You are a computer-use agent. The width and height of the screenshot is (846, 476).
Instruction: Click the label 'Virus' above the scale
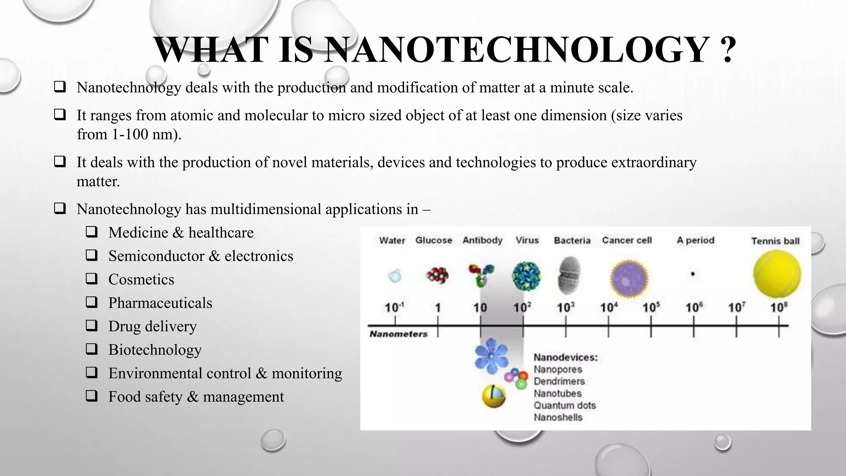click(x=527, y=240)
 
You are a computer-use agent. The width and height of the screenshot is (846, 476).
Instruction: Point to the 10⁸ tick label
click(x=779, y=307)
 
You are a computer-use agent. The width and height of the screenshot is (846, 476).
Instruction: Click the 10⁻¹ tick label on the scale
click(x=394, y=308)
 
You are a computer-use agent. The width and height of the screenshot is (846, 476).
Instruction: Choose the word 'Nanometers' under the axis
click(x=398, y=334)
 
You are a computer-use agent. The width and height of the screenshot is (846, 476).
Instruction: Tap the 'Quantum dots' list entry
click(x=564, y=405)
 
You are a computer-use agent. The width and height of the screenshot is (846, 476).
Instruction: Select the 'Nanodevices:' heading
click(x=565, y=357)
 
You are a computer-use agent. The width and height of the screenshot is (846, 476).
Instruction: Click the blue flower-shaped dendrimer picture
click(x=492, y=356)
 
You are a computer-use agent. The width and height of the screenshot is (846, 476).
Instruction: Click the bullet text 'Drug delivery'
click(x=152, y=326)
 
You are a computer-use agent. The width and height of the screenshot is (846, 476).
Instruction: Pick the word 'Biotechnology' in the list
click(x=155, y=350)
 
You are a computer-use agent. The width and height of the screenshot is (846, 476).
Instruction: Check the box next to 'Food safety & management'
click(x=92, y=396)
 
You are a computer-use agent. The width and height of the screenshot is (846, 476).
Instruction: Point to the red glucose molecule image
click(x=437, y=275)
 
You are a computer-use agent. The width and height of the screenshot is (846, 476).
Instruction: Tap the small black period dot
click(x=693, y=274)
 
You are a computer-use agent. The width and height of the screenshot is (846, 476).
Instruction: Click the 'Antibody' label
click(x=482, y=240)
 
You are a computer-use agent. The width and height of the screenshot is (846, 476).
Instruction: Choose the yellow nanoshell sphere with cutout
click(x=494, y=396)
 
